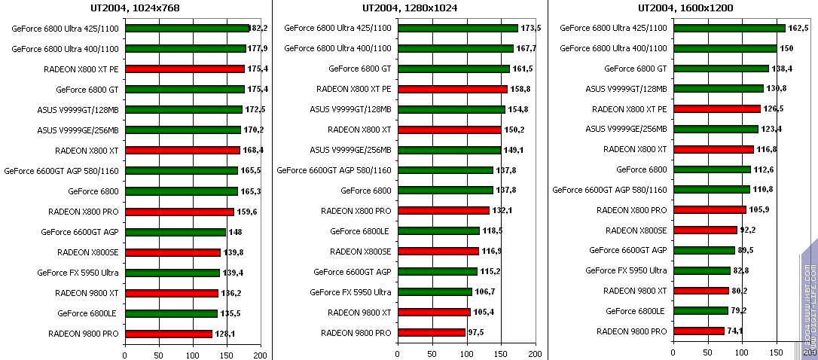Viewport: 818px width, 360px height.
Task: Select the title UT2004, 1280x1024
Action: coord(410,8)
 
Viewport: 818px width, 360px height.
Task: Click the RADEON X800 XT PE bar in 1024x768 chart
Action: coord(185,69)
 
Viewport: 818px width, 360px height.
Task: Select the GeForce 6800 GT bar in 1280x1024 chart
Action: coord(453,69)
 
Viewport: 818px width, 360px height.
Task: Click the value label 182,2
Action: coord(258,28)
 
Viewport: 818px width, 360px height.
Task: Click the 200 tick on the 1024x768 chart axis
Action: coord(261,353)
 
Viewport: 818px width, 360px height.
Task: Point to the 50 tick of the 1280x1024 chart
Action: coord(432,353)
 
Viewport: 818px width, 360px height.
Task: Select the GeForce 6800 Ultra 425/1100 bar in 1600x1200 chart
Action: coord(729,28)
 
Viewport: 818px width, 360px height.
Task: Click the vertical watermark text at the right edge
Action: coord(809,301)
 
